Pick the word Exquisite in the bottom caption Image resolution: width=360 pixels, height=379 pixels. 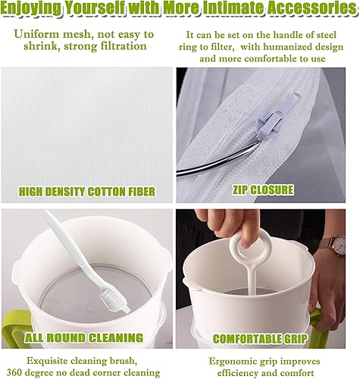46,359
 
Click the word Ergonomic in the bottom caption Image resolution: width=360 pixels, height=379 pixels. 230,359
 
